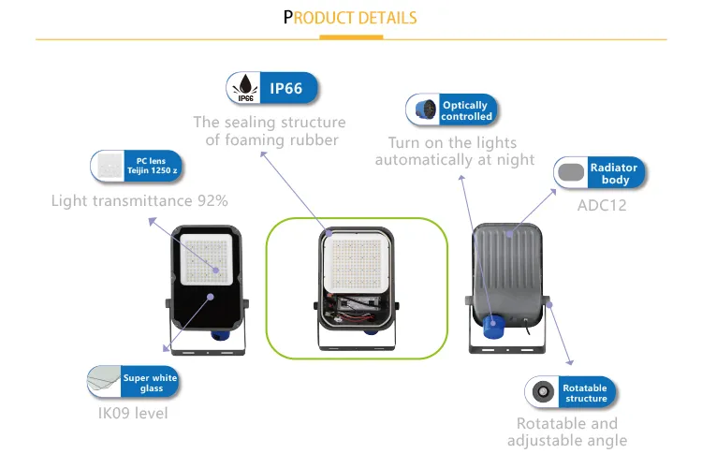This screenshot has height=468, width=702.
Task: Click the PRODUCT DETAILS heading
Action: pyautogui.click(x=350, y=19)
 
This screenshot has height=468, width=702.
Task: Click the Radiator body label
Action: pyautogui.click(x=614, y=173)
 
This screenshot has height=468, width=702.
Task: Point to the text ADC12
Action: pyautogui.click(x=601, y=205)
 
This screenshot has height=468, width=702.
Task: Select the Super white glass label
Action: pyautogui.click(x=150, y=383)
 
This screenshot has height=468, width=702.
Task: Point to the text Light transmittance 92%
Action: pyautogui.click(x=139, y=200)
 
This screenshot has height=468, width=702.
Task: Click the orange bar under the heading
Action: pyautogui.click(x=351, y=38)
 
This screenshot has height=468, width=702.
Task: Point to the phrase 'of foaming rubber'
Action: pyautogui.click(x=271, y=140)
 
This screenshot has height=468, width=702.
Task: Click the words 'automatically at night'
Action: pyautogui.click(x=455, y=160)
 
